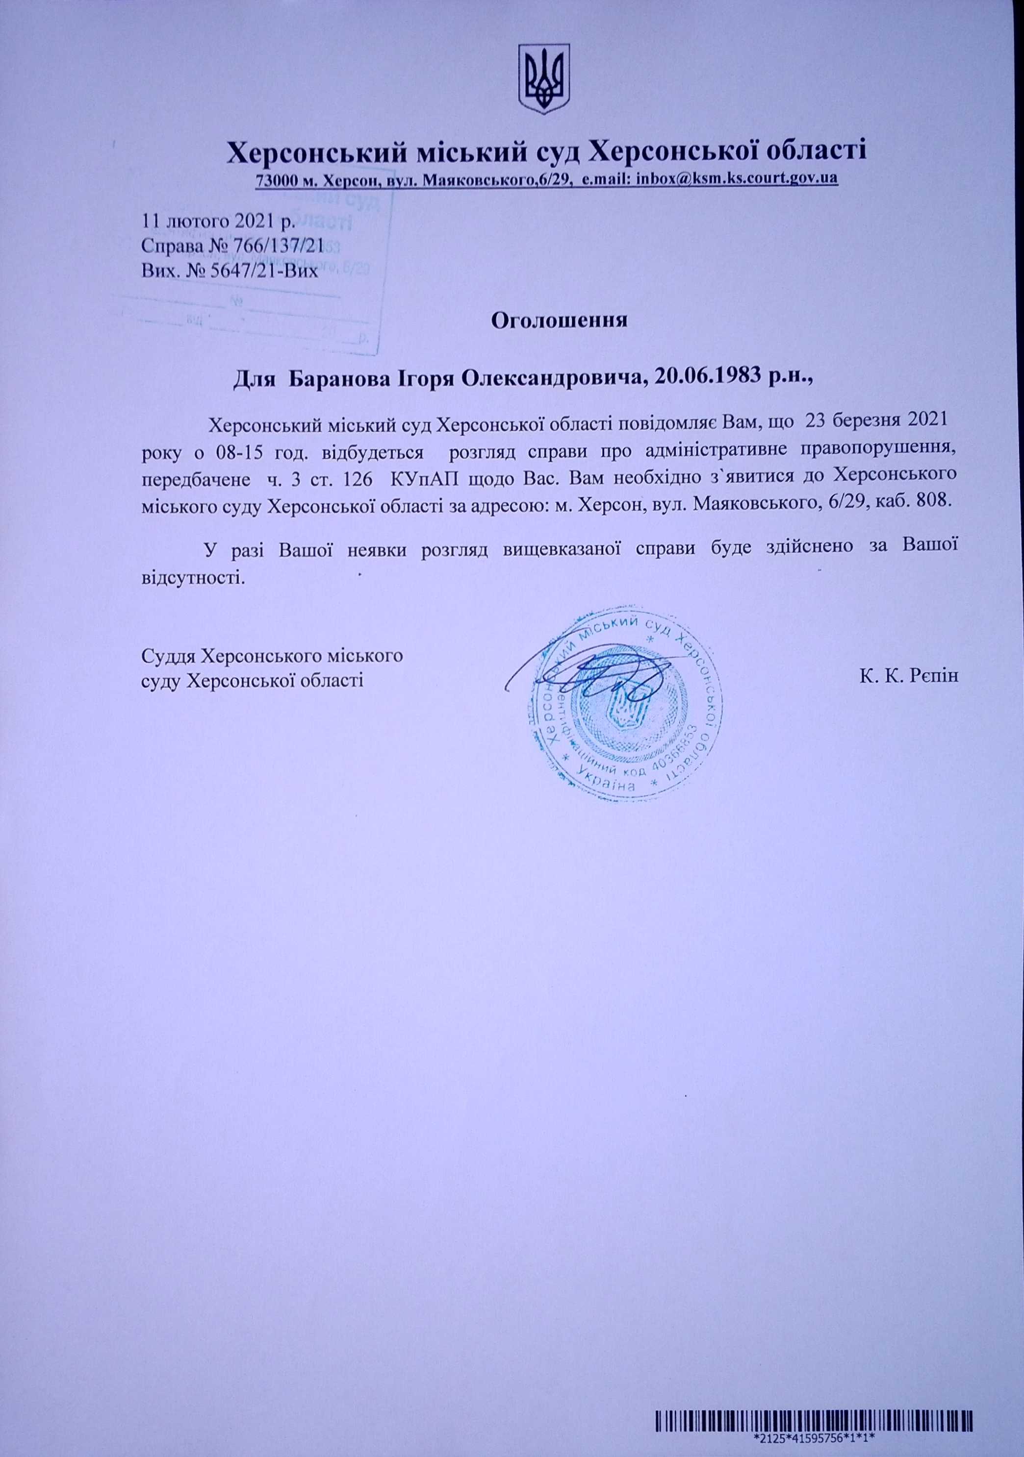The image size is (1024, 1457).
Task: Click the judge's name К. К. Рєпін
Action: [x=908, y=676]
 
